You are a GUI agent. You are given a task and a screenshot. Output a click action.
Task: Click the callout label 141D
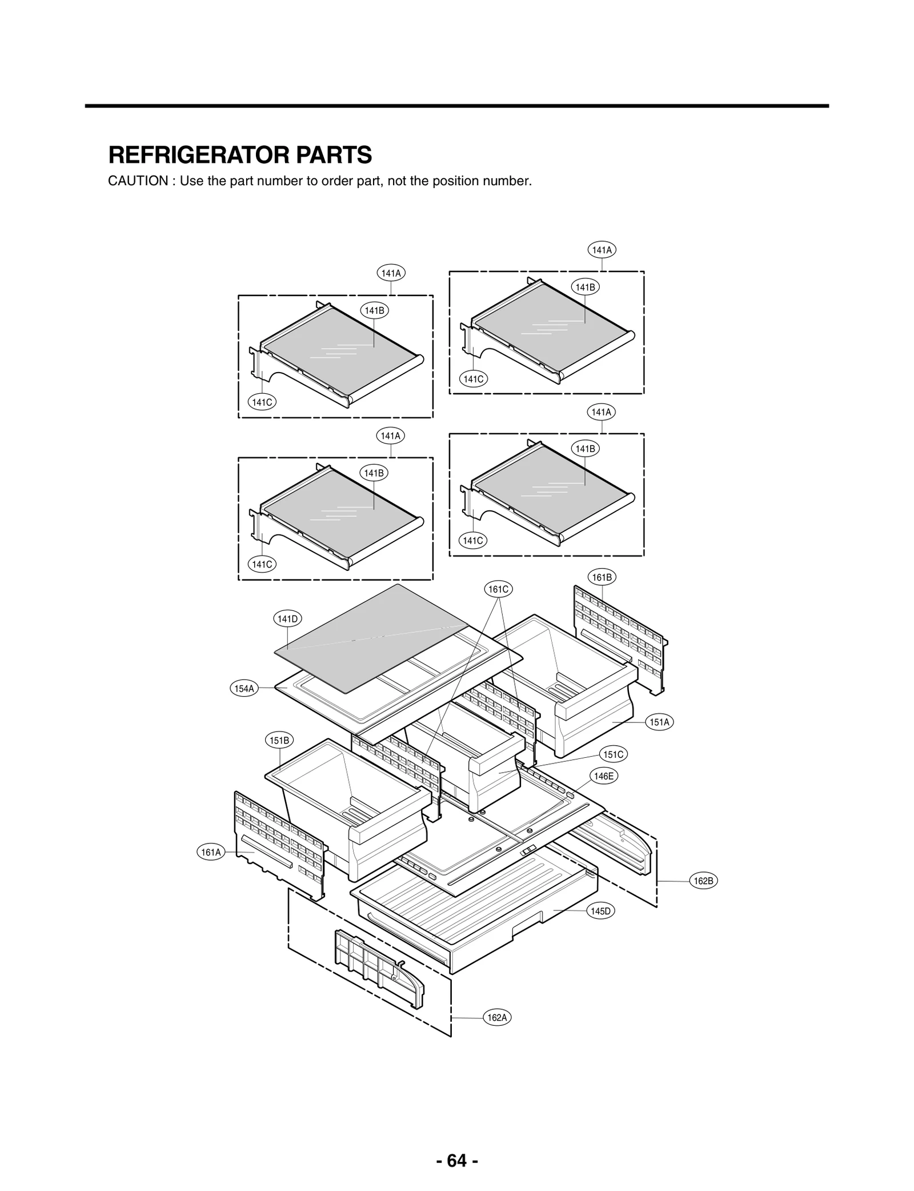pos(287,619)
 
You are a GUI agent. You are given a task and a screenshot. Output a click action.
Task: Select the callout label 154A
pos(244,689)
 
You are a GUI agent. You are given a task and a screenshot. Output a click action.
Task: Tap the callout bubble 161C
pos(498,589)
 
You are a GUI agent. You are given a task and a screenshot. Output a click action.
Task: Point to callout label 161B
pos(602,577)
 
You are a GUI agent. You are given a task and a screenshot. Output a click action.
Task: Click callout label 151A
pos(659,722)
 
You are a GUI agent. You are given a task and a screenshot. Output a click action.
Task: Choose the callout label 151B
pos(279,741)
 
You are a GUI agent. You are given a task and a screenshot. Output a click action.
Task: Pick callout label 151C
pos(614,754)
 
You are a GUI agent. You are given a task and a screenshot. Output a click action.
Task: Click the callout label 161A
pos(211,853)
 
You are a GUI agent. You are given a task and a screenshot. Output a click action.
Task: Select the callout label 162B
pos(703,881)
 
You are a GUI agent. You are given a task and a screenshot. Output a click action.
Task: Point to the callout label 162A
pos(497,1018)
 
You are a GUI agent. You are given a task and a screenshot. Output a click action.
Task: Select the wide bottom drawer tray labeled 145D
pos(474,909)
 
